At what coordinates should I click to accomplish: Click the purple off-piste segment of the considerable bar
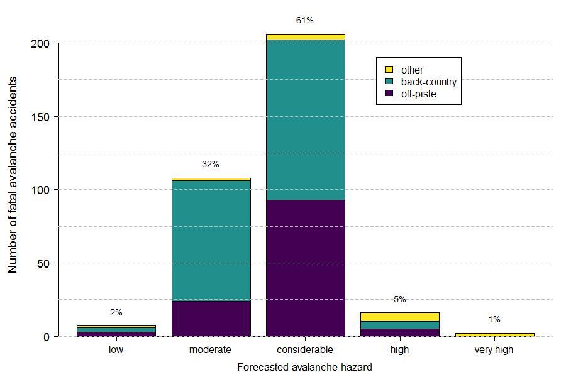(305, 268)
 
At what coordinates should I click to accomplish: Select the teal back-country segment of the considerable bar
(305, 119)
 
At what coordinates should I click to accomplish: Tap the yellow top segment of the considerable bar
(305, 37)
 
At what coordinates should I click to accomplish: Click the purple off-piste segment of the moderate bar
(211, 319)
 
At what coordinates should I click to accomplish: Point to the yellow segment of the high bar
(399, 317)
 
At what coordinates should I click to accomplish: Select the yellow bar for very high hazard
(494, 334)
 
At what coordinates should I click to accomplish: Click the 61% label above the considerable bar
(305, 21)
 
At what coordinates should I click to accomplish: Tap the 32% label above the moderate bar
(211, 165)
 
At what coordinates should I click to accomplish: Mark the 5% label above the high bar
(399, 300)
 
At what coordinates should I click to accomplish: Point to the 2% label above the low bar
(116, 312)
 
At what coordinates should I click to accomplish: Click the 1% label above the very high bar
(494, 320)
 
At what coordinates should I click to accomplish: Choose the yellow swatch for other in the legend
(389, 70)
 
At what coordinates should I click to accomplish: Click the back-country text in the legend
(428, 82)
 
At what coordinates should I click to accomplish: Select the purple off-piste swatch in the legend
(389, 94)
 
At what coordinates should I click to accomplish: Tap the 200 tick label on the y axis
(40, 43)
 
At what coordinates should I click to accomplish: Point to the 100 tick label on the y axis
(40, 190)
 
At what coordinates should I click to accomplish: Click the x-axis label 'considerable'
(305, 350)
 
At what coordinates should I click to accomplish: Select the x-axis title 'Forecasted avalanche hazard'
(304, 367)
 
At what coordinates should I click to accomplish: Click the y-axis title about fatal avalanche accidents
(13, 175)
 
